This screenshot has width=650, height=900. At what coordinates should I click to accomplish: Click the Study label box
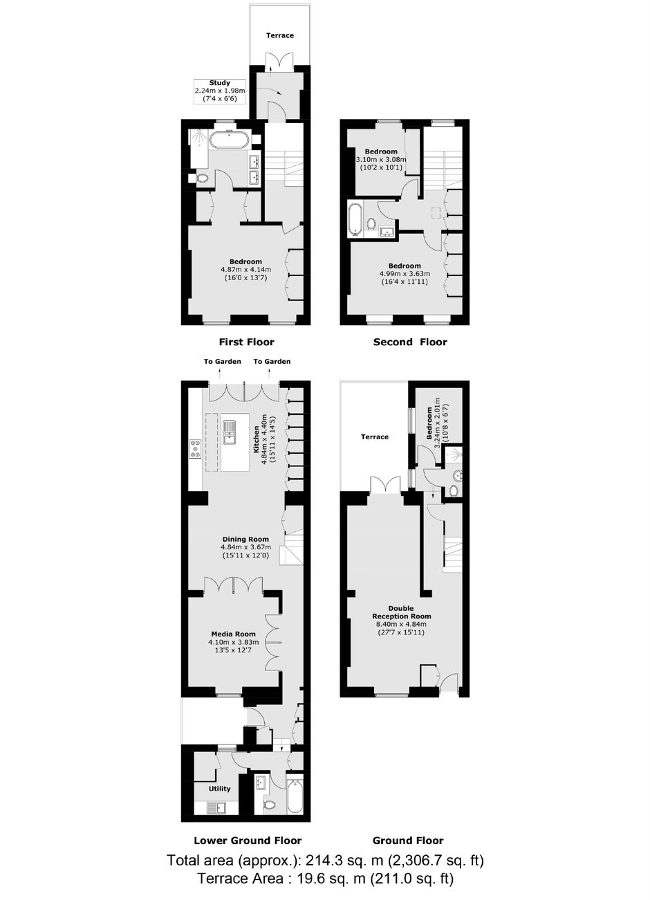[220, 91]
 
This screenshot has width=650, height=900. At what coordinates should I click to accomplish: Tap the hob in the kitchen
[196, 449]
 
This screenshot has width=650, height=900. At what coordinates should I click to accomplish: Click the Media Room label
[234, 634]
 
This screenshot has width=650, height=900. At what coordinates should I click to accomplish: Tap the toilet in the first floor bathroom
[202, 178]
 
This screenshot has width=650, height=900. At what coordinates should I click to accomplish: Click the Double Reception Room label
[401, 612]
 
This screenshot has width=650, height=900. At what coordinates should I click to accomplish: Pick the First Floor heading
[246, 342]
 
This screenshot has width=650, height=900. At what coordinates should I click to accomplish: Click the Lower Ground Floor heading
[248, 841]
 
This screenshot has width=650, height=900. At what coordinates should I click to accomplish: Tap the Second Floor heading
[410, 342]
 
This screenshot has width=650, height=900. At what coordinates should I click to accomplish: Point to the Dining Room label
[246, 539]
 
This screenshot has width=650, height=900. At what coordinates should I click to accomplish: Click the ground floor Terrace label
[374, 437]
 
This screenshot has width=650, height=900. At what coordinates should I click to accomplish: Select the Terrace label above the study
[280, 35]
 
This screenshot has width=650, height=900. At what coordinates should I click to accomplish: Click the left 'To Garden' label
[222, 361]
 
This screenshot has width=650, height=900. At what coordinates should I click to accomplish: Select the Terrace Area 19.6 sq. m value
[325, 879]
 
